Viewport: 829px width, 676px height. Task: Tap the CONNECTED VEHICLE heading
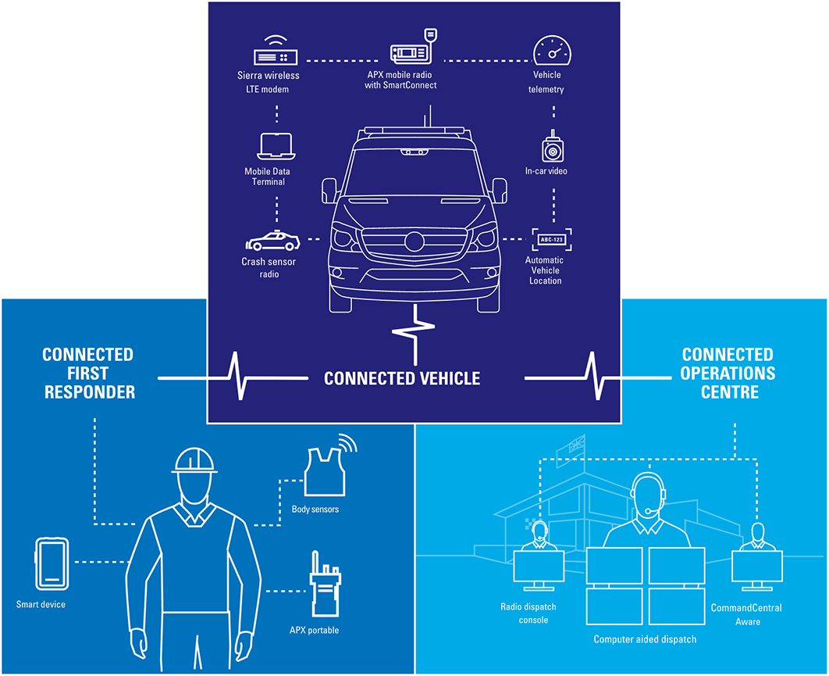coord(402,378)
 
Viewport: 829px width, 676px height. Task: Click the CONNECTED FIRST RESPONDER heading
coord(89,373)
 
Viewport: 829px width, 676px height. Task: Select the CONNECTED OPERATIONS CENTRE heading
coord(728,373)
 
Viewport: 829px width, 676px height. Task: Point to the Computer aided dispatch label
coord(645,639)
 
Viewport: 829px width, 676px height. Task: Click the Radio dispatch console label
coord(528,613)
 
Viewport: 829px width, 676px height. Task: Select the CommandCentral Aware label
coord(746,614)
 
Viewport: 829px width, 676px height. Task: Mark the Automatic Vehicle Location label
coord(545,270)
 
